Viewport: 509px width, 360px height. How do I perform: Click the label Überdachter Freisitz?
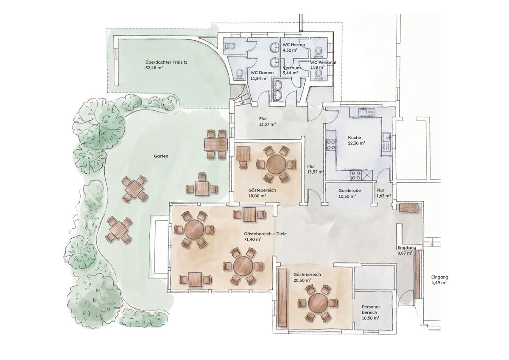pos(166,62)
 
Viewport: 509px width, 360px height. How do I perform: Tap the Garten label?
pos(161,156)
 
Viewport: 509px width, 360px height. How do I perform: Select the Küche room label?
pos(354,138)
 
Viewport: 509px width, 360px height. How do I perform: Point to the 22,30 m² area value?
pos(357,143)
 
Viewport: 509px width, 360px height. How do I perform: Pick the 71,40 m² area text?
pos(253,239)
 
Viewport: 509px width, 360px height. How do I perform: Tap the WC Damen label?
pos(262,73)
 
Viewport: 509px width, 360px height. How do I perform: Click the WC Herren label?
pos(294,45)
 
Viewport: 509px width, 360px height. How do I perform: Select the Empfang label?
pos(407,247)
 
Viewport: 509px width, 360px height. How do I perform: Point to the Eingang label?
pos(440,277)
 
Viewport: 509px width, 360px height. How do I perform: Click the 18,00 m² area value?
pos(257,196)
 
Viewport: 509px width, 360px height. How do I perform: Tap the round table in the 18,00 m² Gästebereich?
pos(277,164)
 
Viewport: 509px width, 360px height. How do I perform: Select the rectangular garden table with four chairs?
pos(216,144)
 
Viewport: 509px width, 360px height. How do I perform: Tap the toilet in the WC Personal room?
pos(319,74)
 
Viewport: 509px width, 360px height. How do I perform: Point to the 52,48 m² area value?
pos(154,68)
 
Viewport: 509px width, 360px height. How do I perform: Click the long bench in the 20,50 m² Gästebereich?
pos(282,298)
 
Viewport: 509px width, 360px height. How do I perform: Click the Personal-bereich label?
pos(371,310)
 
